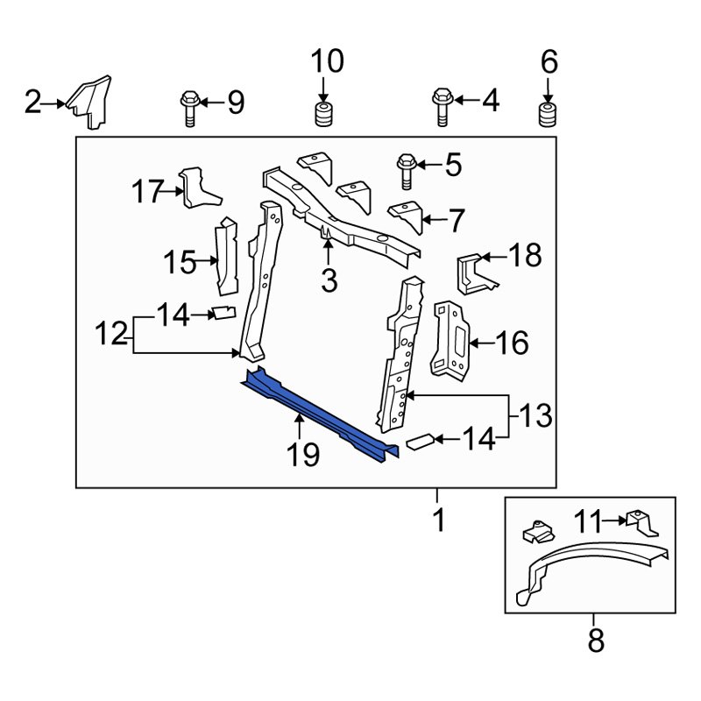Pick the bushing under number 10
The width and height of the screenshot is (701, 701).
point(322,114)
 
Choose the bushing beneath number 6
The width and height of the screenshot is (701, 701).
point(548,114)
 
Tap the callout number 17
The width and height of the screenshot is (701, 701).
point(148,190)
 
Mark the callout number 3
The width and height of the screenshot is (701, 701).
point(329,281)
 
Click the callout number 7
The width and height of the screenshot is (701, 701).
point(456,222)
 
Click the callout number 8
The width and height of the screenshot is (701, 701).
point(596,642)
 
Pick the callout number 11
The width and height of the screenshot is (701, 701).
point(589,523)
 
